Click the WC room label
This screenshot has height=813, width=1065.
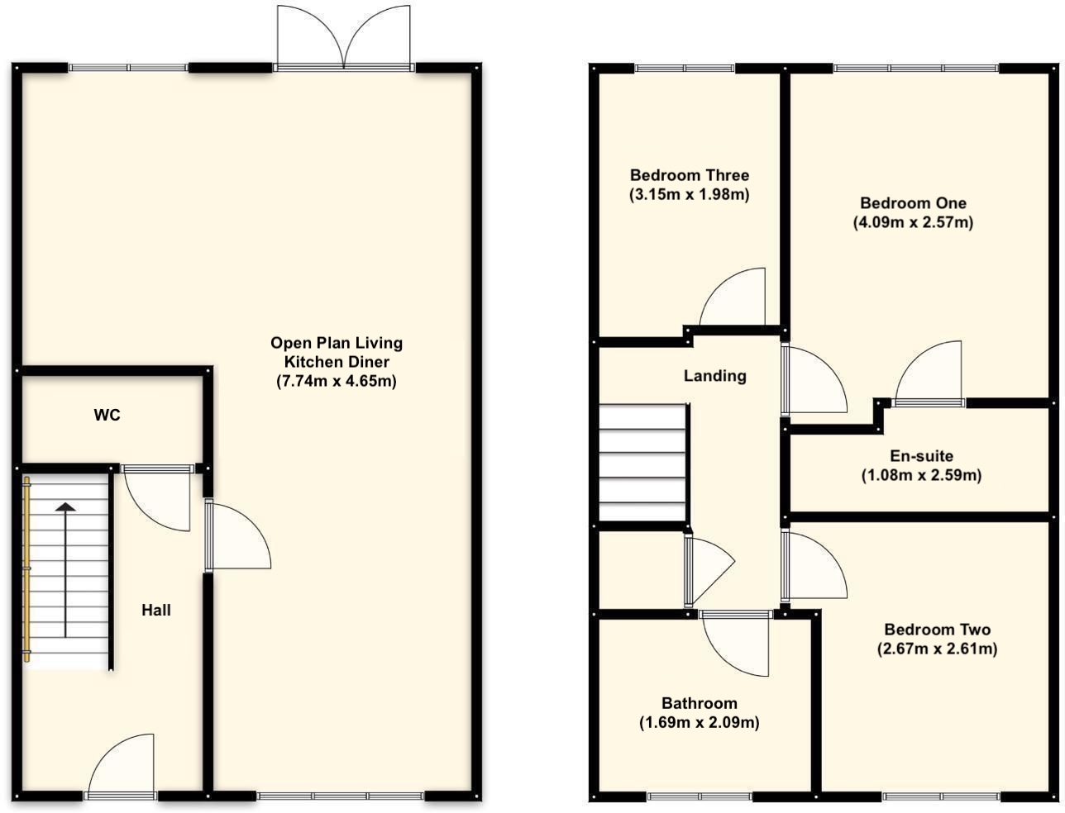coord(107,416)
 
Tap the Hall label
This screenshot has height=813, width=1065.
coord(156,610)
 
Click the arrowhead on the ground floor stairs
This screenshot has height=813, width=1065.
coord(65,506)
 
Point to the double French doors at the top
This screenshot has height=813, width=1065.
coord(344,37)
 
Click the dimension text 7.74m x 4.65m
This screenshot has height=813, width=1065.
coord(337,381)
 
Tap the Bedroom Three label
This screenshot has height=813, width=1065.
coord(689,175)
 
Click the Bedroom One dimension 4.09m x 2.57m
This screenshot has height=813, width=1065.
coord(913,222)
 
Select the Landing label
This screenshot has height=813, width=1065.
coord(714,376)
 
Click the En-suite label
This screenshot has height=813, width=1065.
coord(921,456)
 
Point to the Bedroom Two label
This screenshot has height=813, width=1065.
coord(937,630)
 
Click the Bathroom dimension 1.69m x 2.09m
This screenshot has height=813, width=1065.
coord(699,722)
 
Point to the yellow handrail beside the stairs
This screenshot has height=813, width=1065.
coord(26,570)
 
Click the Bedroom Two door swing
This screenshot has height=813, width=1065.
coord(814,566)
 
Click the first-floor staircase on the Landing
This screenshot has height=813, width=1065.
coord(642,463)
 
